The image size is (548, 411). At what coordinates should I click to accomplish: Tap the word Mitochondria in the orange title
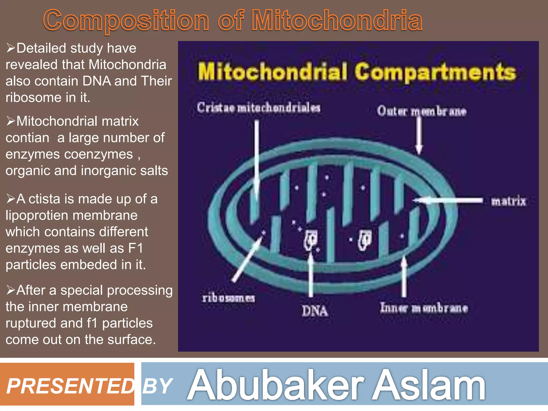click(x=337, y=20)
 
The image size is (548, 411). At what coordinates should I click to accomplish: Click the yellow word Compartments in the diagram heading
click(x=435, y=72)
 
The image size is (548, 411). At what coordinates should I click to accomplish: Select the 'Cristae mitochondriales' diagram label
click(x=259, y=108)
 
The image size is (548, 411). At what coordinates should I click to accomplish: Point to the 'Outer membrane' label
click(x=422, y=111)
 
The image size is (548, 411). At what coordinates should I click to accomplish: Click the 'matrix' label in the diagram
click(x=508, y=201)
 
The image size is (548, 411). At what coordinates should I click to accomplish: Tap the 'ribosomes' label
click(x=229, y=298)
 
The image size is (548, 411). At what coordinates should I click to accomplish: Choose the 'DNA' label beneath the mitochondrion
click(x=315, y=311)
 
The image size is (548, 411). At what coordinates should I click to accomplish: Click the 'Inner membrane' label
click(x=424, y=308)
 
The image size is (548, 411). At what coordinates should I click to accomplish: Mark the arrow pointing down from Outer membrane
click(x=419, y=135)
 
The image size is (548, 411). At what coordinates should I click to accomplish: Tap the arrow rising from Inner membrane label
click(x=404, y=277)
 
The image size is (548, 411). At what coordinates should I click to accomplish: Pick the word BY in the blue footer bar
click(x=157, y=386)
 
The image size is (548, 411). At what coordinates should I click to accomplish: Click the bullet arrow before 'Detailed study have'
click(x=11, y=48)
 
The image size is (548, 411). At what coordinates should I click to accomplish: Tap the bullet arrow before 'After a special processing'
click(x=11, y=290)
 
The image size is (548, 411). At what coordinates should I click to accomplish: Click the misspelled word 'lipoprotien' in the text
click(x=71, y=215)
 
